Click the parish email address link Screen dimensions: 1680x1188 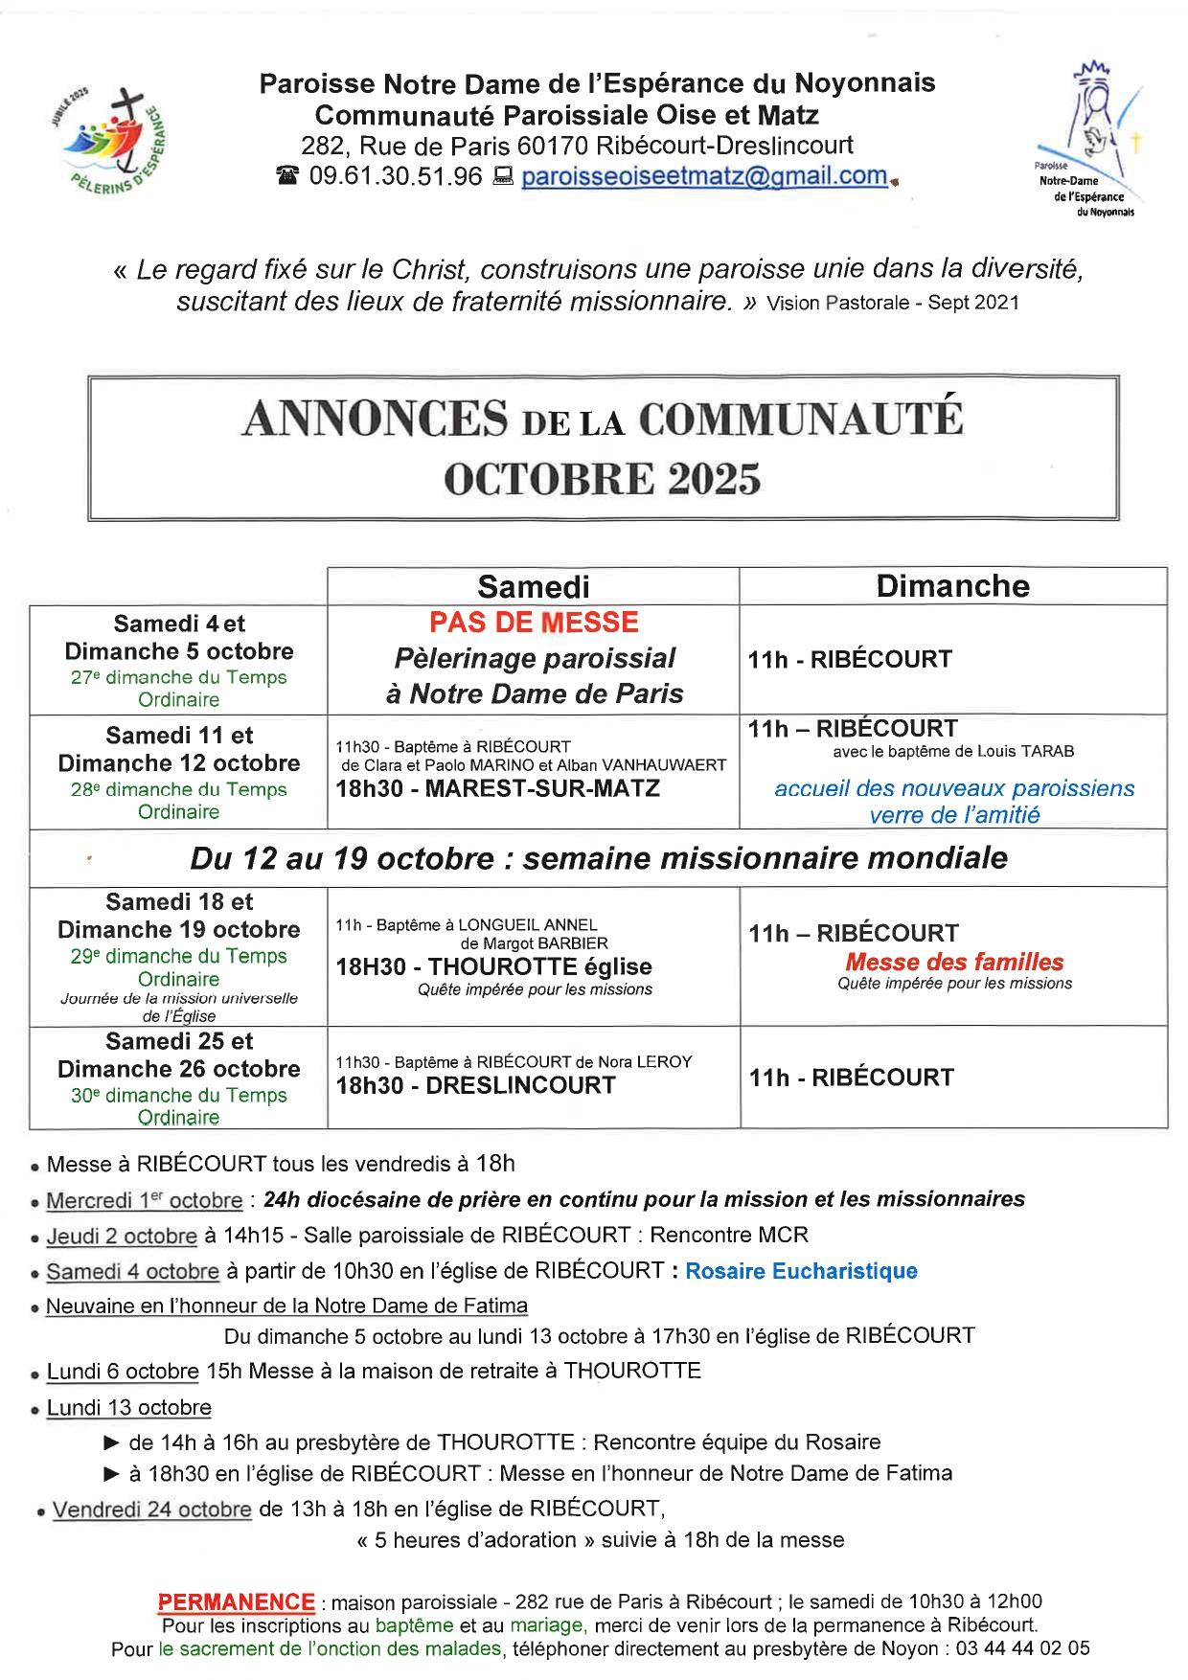coord(704,176)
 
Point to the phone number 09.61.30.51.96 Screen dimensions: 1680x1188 coord(396,176)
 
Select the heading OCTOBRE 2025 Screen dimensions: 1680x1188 coord(603,478)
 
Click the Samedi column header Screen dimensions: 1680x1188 coord(534,586)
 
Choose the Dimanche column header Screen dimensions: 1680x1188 coord(952,586)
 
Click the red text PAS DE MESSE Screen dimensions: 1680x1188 coord(534,623)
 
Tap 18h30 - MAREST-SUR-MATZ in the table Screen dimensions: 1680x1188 coord(497,788)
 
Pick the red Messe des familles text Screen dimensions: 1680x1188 coord(954,962)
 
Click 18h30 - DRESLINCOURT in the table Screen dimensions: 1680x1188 coord(475,1085)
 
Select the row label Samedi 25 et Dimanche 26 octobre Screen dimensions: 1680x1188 coord(179,1055)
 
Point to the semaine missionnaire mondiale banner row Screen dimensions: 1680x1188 coord(599,857)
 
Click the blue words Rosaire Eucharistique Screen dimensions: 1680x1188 coord(801,1271)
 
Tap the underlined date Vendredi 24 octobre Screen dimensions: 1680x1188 coord(151,1510)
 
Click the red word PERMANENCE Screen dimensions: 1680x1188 coord(236,1601)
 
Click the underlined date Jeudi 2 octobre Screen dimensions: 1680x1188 coord(122,1236)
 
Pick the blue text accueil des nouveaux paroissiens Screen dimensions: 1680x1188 coord(953,788)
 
